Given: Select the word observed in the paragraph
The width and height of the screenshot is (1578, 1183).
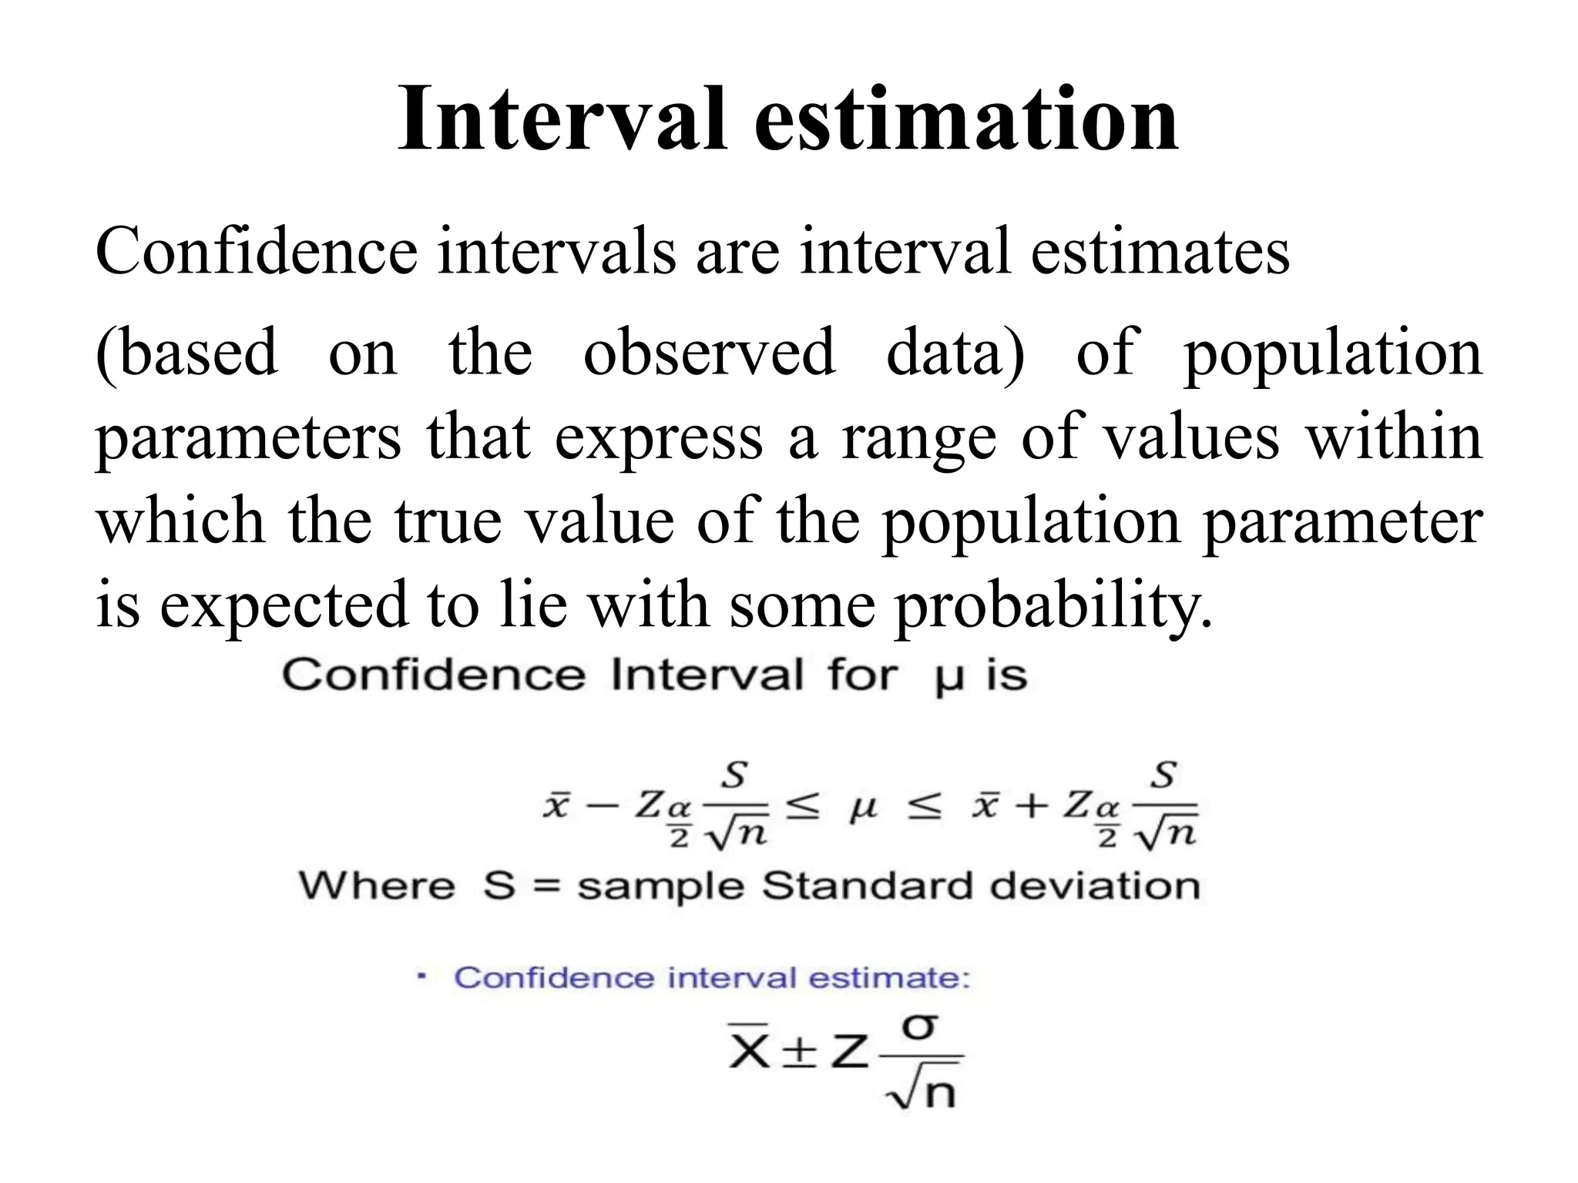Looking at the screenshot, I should click(709, 352).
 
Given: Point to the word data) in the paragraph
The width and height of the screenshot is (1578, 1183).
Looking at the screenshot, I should click(955, 352).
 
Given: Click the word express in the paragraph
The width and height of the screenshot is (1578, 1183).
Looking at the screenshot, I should click(659, 437).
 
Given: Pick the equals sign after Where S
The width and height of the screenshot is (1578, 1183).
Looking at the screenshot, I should click(546, 887).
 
